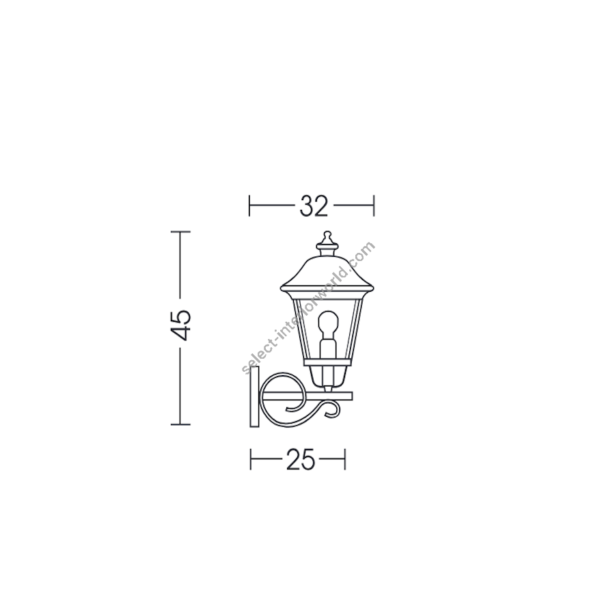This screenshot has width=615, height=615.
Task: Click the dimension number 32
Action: coord(314,206)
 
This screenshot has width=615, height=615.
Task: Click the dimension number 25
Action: coord(301,459)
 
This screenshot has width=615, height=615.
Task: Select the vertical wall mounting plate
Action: coord(255,397)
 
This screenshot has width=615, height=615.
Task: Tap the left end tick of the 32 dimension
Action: coord(249,205)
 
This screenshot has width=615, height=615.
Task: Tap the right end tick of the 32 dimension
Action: coord(374,205)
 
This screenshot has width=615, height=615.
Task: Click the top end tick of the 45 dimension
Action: coord(181,232)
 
